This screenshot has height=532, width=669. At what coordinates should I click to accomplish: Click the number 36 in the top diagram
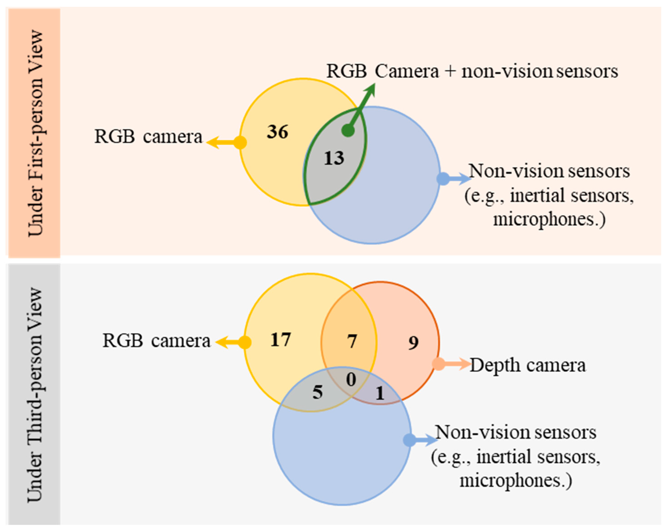point(277,132)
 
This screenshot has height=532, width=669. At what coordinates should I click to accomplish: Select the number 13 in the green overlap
point(334,158)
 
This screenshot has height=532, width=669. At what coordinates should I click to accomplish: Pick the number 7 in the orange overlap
point(352,342)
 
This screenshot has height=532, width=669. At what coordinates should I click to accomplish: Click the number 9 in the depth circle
point(413,343)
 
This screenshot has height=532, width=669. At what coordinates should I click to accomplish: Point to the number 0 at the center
point(351,380)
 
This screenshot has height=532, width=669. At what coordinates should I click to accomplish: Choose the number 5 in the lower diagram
point(317,392)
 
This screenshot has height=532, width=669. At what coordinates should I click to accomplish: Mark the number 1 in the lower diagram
point(380,393)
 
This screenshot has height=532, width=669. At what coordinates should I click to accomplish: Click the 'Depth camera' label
point(527,365)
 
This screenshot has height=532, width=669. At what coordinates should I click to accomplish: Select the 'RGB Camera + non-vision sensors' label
point(472,71)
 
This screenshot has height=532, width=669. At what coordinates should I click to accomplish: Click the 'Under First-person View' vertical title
point(35,133)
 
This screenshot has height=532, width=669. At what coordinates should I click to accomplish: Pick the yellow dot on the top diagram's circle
point(240,143)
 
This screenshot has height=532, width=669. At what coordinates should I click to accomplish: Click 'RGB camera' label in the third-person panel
point(156,341)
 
